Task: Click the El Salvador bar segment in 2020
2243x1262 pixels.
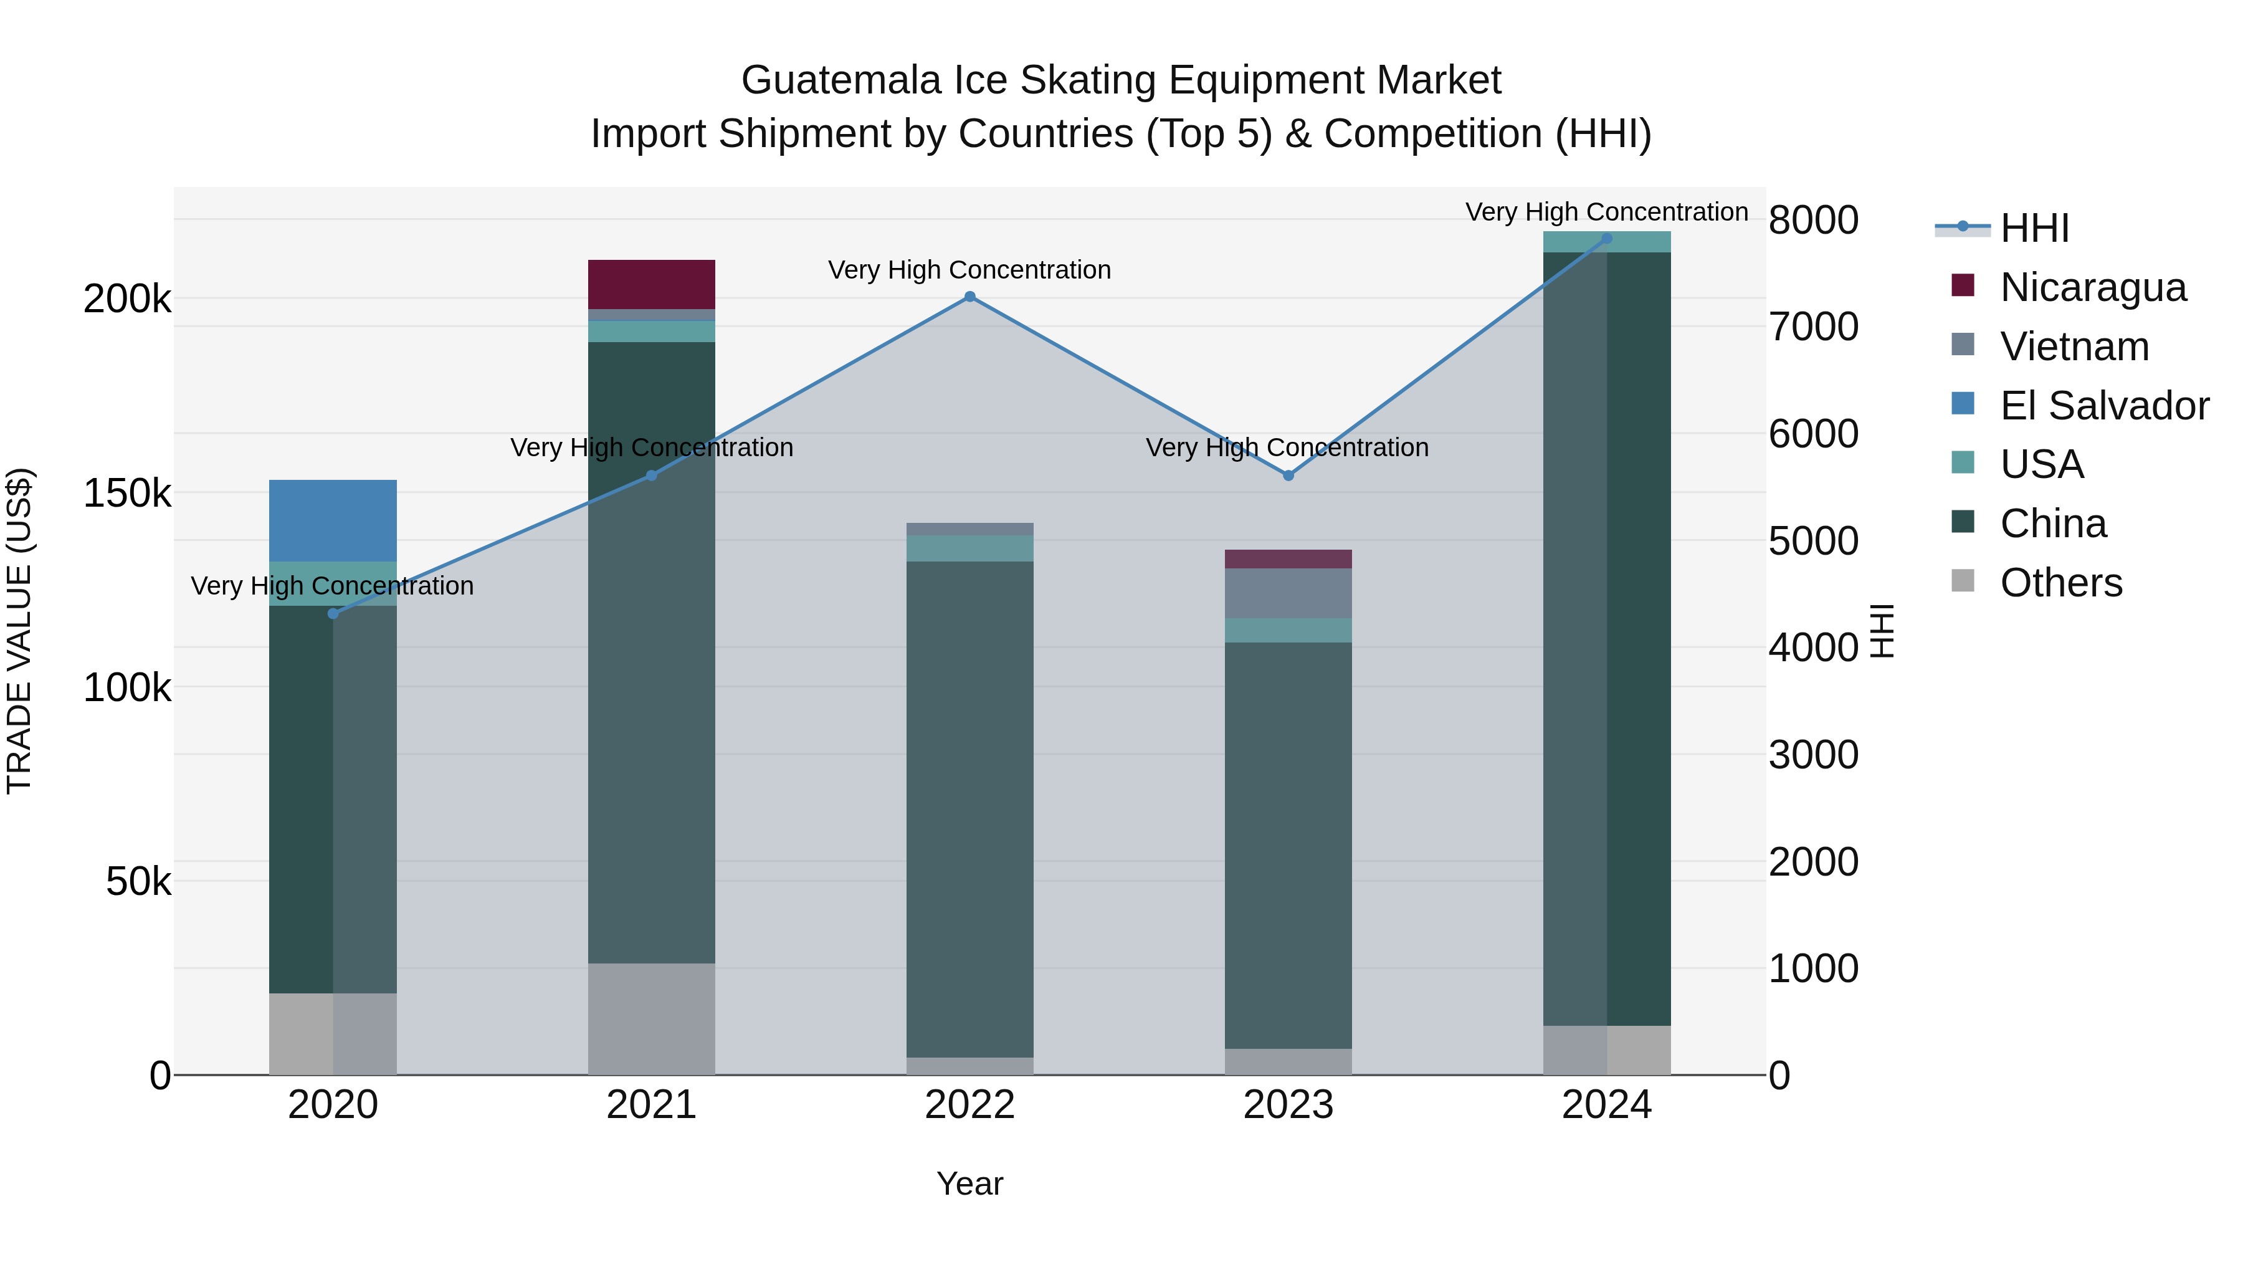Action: point(333,520)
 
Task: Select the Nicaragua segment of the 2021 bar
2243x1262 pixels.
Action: point(651,284)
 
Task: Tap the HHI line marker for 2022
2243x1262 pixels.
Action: point(970,297)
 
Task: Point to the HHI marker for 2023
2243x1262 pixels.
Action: point(1288,476)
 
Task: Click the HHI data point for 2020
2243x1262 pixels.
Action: point(333,614)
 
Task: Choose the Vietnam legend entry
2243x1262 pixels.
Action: point(2074,347)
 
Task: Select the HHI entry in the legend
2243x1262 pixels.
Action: point(2034,228)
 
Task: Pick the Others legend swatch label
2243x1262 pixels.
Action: point(2060,583)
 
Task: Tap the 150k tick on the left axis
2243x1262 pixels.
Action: point(127,494)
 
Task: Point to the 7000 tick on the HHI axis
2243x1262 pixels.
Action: point(1814,327)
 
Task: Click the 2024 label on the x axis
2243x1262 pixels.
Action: point(1606,1105)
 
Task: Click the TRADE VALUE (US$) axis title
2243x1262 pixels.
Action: point(19,631)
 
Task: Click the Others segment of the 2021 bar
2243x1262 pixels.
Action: point(651,1019)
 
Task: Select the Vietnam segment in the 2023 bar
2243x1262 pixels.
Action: point(1288,593)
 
